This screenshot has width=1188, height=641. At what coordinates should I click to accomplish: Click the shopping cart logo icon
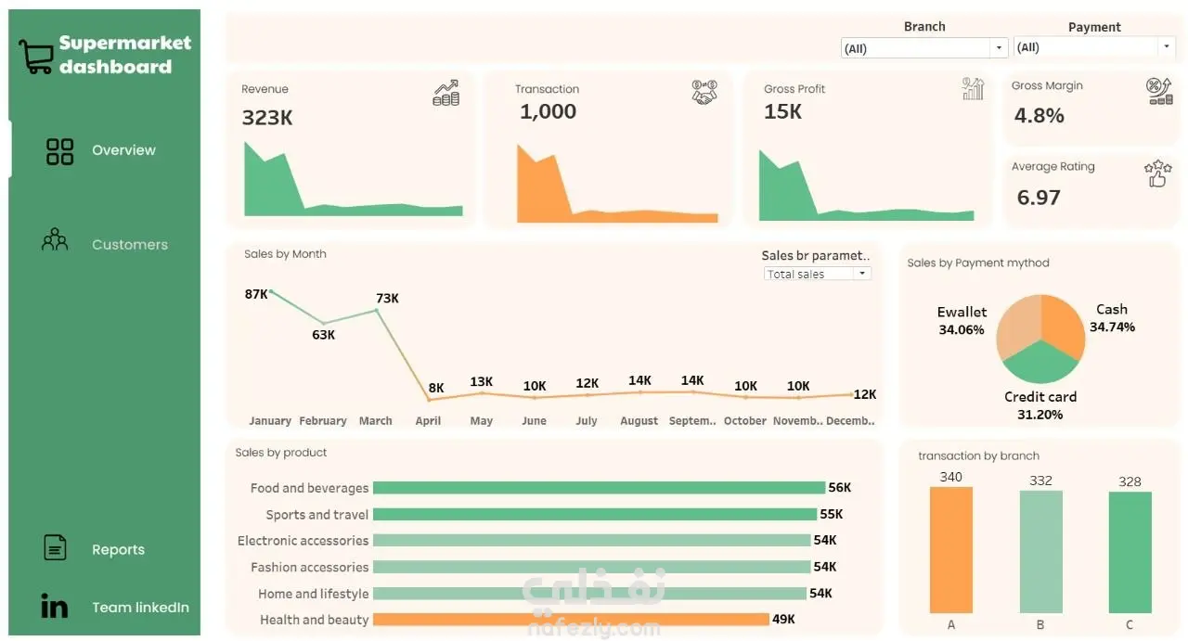point(36,57)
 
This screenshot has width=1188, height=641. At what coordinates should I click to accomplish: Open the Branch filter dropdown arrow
point(999,47)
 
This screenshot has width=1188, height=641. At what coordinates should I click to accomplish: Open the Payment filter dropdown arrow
point(1167,46)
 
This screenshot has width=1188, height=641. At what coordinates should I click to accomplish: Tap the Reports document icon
point(55,547)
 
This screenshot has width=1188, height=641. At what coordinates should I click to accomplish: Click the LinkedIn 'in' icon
point(54,606)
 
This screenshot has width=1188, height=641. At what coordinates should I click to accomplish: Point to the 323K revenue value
point(266,118)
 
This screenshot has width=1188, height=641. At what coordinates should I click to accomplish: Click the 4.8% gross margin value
point(1039,116)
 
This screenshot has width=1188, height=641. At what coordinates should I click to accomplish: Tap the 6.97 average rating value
point(1039,198)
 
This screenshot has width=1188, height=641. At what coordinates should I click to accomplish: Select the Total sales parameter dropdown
point(817,274)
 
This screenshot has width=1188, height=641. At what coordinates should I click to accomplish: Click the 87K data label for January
point(256,294)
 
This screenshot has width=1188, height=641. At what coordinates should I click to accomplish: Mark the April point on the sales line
point(429,400)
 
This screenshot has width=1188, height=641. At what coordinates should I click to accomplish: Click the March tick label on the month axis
point(376,421)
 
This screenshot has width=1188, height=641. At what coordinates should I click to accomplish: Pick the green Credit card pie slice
point(1041,363)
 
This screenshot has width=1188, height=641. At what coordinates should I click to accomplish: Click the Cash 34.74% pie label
point(1112,318)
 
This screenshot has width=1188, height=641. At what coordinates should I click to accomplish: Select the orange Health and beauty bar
point(571,620)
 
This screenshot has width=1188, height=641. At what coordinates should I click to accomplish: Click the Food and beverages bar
point(599,488)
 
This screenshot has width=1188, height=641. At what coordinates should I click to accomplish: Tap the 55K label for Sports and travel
point(831,514)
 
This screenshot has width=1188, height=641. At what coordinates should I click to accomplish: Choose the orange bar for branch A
point(951,550)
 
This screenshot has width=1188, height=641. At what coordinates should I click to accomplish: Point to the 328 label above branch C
point(1130,482)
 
